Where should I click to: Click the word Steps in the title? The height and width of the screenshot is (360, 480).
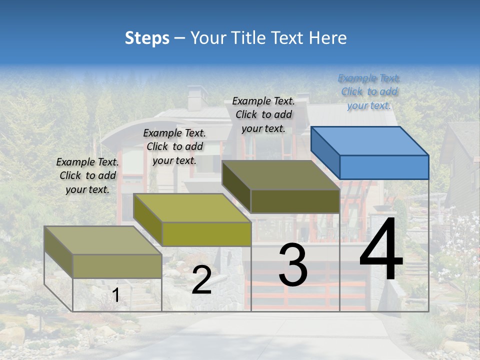147,38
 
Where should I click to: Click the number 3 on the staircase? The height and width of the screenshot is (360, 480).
292,265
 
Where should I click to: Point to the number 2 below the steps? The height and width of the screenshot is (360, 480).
201,280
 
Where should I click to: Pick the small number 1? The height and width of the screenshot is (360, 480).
116,295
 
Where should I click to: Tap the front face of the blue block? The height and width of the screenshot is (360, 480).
384,167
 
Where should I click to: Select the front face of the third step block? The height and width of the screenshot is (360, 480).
295,201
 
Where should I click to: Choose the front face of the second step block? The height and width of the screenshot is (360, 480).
206,234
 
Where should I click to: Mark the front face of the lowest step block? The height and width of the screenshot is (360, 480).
117,266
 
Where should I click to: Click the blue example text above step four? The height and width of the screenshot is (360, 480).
369,91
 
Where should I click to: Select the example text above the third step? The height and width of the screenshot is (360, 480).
263,114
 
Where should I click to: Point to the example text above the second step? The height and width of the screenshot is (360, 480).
174,146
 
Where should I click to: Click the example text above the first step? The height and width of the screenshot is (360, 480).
87,175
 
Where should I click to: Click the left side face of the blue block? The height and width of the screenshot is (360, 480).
325,152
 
